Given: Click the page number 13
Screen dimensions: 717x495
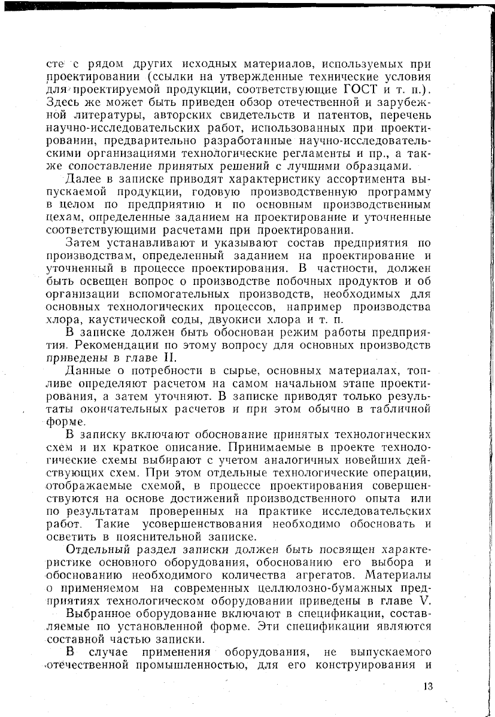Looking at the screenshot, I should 427,686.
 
